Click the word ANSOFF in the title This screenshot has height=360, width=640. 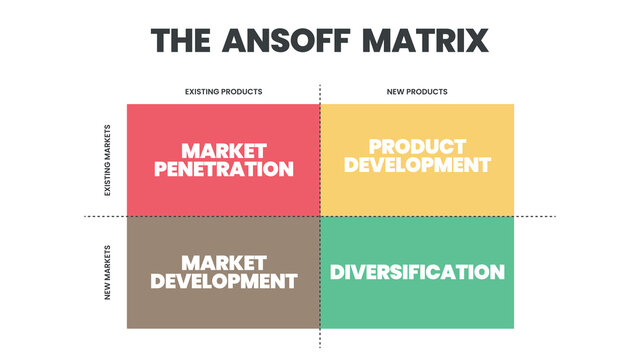(x=286, y=40)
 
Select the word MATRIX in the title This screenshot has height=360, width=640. (x=425, y=40)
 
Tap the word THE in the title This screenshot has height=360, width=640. (x=180, y=40)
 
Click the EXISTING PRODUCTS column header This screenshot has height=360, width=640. (x=224, y=92)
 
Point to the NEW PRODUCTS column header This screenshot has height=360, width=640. (x=417, y=92)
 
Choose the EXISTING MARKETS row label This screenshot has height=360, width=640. (x=107, y=160)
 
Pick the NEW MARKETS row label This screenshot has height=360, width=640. (x=107, y=273)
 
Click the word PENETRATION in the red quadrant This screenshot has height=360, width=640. (x=224, y=169)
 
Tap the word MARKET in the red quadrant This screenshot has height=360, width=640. (x=224, y=151)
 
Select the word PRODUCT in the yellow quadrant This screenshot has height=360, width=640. (x=417, y=147)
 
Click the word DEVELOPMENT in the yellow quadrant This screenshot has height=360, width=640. (x=417, y=165)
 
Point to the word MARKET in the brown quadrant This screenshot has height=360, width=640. (x=224, y=263)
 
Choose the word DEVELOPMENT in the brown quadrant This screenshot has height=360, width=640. (x=224, y=281)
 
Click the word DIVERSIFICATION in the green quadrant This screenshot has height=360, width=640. (x=417, y=272)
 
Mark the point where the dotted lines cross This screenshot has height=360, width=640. (x=320, y=216)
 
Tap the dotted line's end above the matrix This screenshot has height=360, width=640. (x=320, y=85)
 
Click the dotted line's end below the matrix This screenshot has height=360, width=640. (x=320, y=347)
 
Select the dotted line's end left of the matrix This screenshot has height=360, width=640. (x=84, y=216)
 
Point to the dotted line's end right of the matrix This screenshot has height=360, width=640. (x=556, y=216)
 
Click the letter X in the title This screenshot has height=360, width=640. (x=477, y=40)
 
